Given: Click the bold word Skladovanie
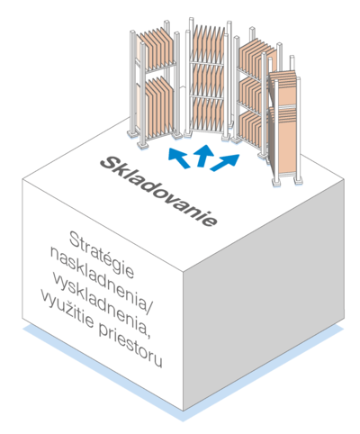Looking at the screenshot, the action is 158,191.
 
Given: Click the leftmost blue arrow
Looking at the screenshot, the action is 179,158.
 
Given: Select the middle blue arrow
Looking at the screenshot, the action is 204,155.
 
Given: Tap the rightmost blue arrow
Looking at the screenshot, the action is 225,162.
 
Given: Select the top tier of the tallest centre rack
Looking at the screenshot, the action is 208,44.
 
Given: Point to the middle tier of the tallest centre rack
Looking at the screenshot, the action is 208,80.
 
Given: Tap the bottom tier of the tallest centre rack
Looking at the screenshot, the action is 208,115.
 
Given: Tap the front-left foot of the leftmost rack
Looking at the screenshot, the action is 143,144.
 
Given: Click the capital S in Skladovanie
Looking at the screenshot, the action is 110,163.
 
